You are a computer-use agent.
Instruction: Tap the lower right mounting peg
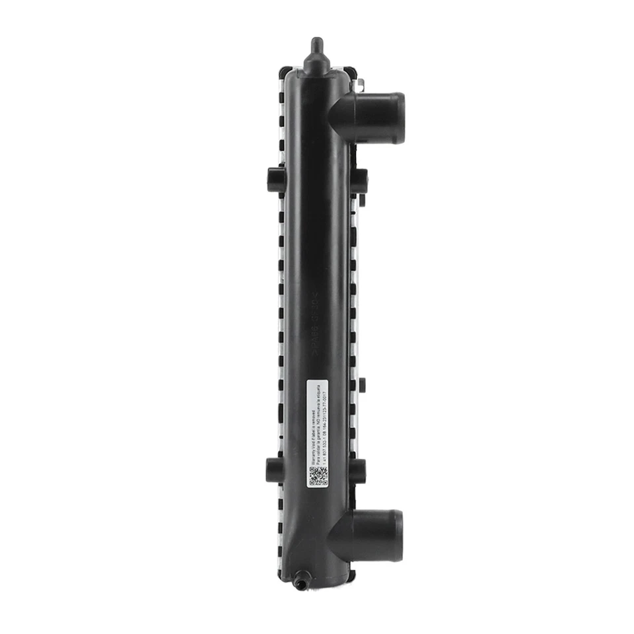[x=357, y=470]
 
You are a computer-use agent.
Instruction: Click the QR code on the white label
[x=318, y=476]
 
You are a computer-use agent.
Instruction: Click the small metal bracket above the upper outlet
[x=360, y=85]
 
